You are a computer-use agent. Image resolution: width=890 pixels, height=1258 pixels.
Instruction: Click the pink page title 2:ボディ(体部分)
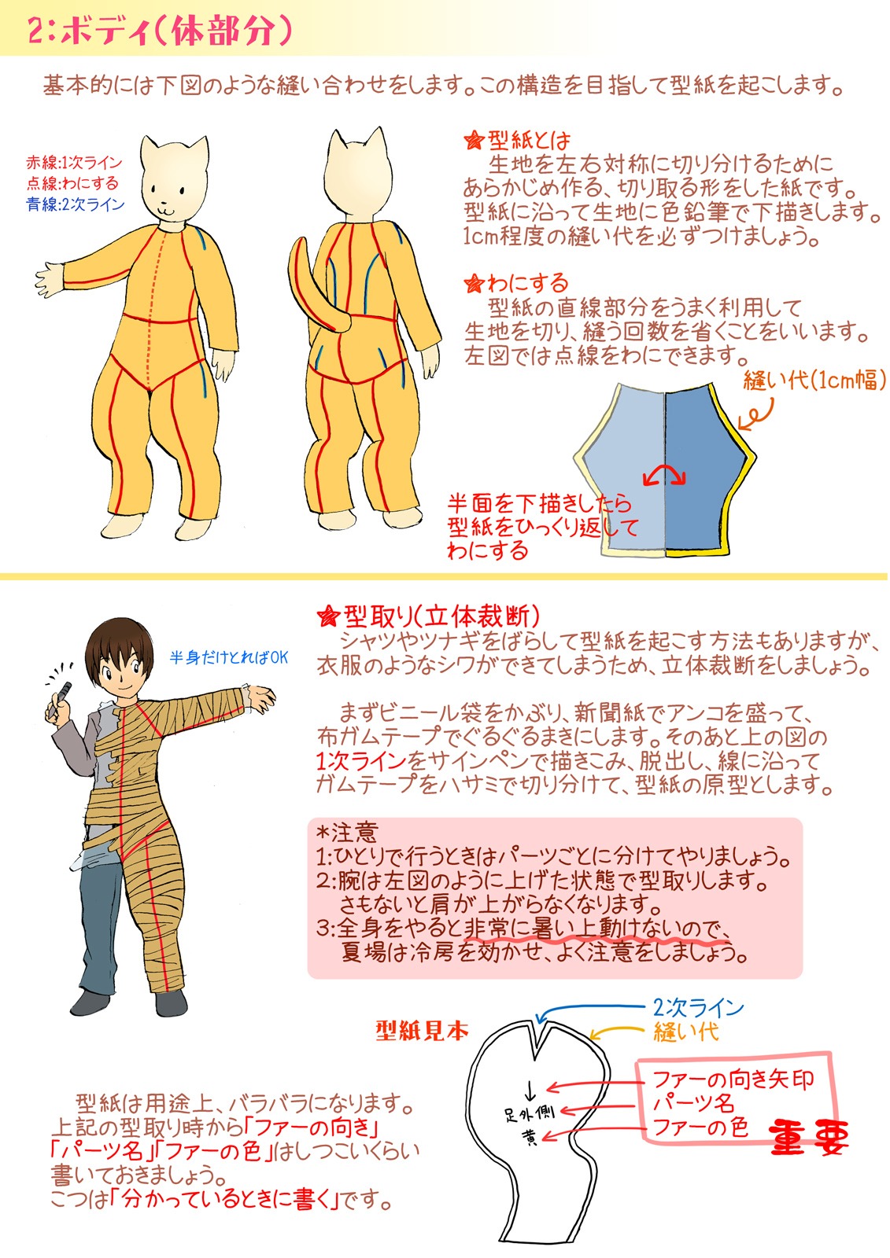click(160, 30)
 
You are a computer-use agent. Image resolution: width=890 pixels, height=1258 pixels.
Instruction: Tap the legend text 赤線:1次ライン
click(74, 163)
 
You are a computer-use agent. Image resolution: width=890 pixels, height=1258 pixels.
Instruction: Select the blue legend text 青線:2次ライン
click(76, 204)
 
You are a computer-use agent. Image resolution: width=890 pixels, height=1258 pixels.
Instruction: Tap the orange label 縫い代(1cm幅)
click(814, 381)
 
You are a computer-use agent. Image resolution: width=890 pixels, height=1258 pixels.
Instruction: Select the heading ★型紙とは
click(517, 140)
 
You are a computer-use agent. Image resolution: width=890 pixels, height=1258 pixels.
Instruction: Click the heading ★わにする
click(515, 283)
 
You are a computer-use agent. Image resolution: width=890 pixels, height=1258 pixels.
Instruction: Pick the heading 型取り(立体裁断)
click(428, 616)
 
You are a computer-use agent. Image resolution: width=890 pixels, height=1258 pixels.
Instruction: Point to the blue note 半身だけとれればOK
click(229, 657)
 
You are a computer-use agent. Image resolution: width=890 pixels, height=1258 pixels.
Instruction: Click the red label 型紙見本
click(423, 1031)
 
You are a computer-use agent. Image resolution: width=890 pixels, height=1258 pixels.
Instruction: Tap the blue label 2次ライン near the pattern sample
click(698, 1007)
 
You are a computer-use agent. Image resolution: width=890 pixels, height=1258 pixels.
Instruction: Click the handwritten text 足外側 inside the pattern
click(529, 1113)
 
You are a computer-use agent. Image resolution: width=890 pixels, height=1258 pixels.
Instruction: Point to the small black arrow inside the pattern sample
click(530, 1090)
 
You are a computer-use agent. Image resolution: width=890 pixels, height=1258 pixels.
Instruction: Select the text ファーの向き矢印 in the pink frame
click(733, 1079)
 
